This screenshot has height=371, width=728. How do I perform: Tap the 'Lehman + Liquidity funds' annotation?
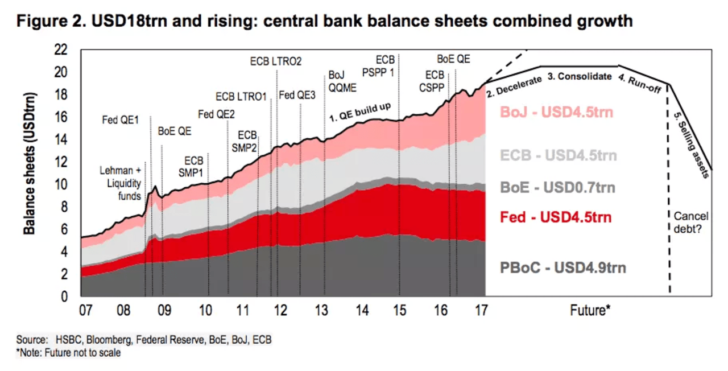[x=121, y=183]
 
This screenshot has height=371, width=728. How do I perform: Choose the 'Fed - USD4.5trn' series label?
[x=556, y=217]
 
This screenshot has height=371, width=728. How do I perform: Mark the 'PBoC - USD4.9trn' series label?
[x=563, y=267]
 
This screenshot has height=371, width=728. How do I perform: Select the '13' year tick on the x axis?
[x=321, y=311]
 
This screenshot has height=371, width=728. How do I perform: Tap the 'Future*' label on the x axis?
[x=590, y=311]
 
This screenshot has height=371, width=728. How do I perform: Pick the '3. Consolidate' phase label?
[x=580, y=76]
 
